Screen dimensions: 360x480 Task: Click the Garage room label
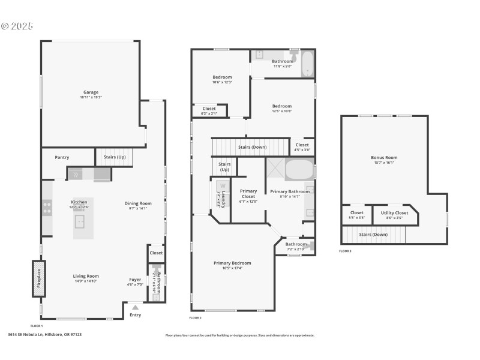point(91,93)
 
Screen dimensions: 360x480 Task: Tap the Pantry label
point(62,158)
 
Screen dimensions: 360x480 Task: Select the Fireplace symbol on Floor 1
point(38,278)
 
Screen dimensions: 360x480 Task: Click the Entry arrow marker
point(135,308)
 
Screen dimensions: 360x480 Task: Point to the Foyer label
point(136,280)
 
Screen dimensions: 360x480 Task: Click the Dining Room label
point(138,203)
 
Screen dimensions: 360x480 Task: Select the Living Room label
point(86,276)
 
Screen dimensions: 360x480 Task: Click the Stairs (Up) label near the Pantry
point(114,157)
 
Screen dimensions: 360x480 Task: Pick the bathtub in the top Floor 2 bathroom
point(307,65)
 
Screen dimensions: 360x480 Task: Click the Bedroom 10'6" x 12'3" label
point(222,77)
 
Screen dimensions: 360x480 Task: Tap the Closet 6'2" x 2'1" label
point(209,109)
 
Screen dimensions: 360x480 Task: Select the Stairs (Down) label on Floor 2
point(252,147)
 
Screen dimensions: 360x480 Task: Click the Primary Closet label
point(248,194)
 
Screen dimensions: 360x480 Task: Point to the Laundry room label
point(223,195)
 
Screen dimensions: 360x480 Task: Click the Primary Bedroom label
point(232,263)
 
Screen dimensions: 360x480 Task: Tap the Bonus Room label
point(384,158)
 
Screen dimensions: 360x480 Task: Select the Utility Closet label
point(394,213)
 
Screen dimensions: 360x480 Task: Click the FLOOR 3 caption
point(345,251)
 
